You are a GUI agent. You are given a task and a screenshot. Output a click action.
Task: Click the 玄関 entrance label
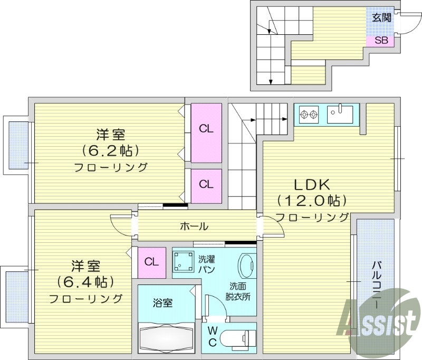(381, 17)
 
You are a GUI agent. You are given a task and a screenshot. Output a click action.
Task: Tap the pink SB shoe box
(381, 40)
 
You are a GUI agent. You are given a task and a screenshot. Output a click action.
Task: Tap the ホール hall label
(194, 226)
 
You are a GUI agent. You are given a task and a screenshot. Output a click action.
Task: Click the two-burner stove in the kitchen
(309, 113)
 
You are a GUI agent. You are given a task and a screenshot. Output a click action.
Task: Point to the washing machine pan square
(184, 260)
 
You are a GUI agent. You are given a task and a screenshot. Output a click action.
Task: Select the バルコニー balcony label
(376, 285)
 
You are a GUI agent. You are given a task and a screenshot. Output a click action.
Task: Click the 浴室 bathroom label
(162, 303)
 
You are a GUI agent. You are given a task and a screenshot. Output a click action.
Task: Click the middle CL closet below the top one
(206, 185)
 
